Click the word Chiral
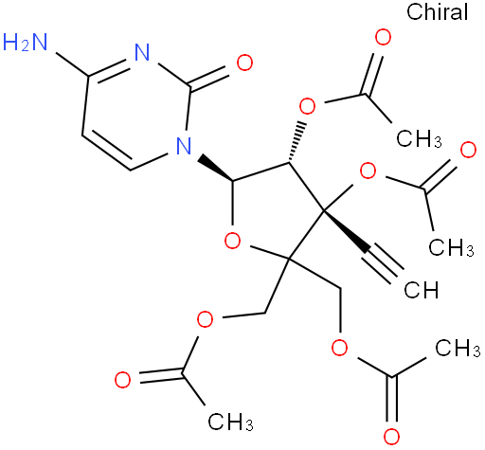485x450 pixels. (437, 12)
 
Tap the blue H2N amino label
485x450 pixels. (25, 43)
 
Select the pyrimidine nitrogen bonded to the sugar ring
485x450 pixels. (184, 146)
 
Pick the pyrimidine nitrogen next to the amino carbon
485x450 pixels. (142, 52)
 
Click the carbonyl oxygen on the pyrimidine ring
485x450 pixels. (244, 63)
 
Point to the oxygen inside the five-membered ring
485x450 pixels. (232, 241)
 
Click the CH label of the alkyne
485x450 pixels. (422, 290)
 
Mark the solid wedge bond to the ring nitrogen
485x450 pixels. (216, 169)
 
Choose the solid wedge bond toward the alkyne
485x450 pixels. (346, 231)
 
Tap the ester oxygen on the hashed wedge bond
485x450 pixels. (307, 106)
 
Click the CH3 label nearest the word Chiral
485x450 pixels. (419, 138)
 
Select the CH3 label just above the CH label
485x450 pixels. (451, 246)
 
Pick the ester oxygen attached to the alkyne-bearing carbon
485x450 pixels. (368, 171)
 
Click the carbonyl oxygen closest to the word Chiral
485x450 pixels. (383, 38)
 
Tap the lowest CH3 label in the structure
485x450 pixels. (230, 422)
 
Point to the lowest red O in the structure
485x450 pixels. (391, 437)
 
